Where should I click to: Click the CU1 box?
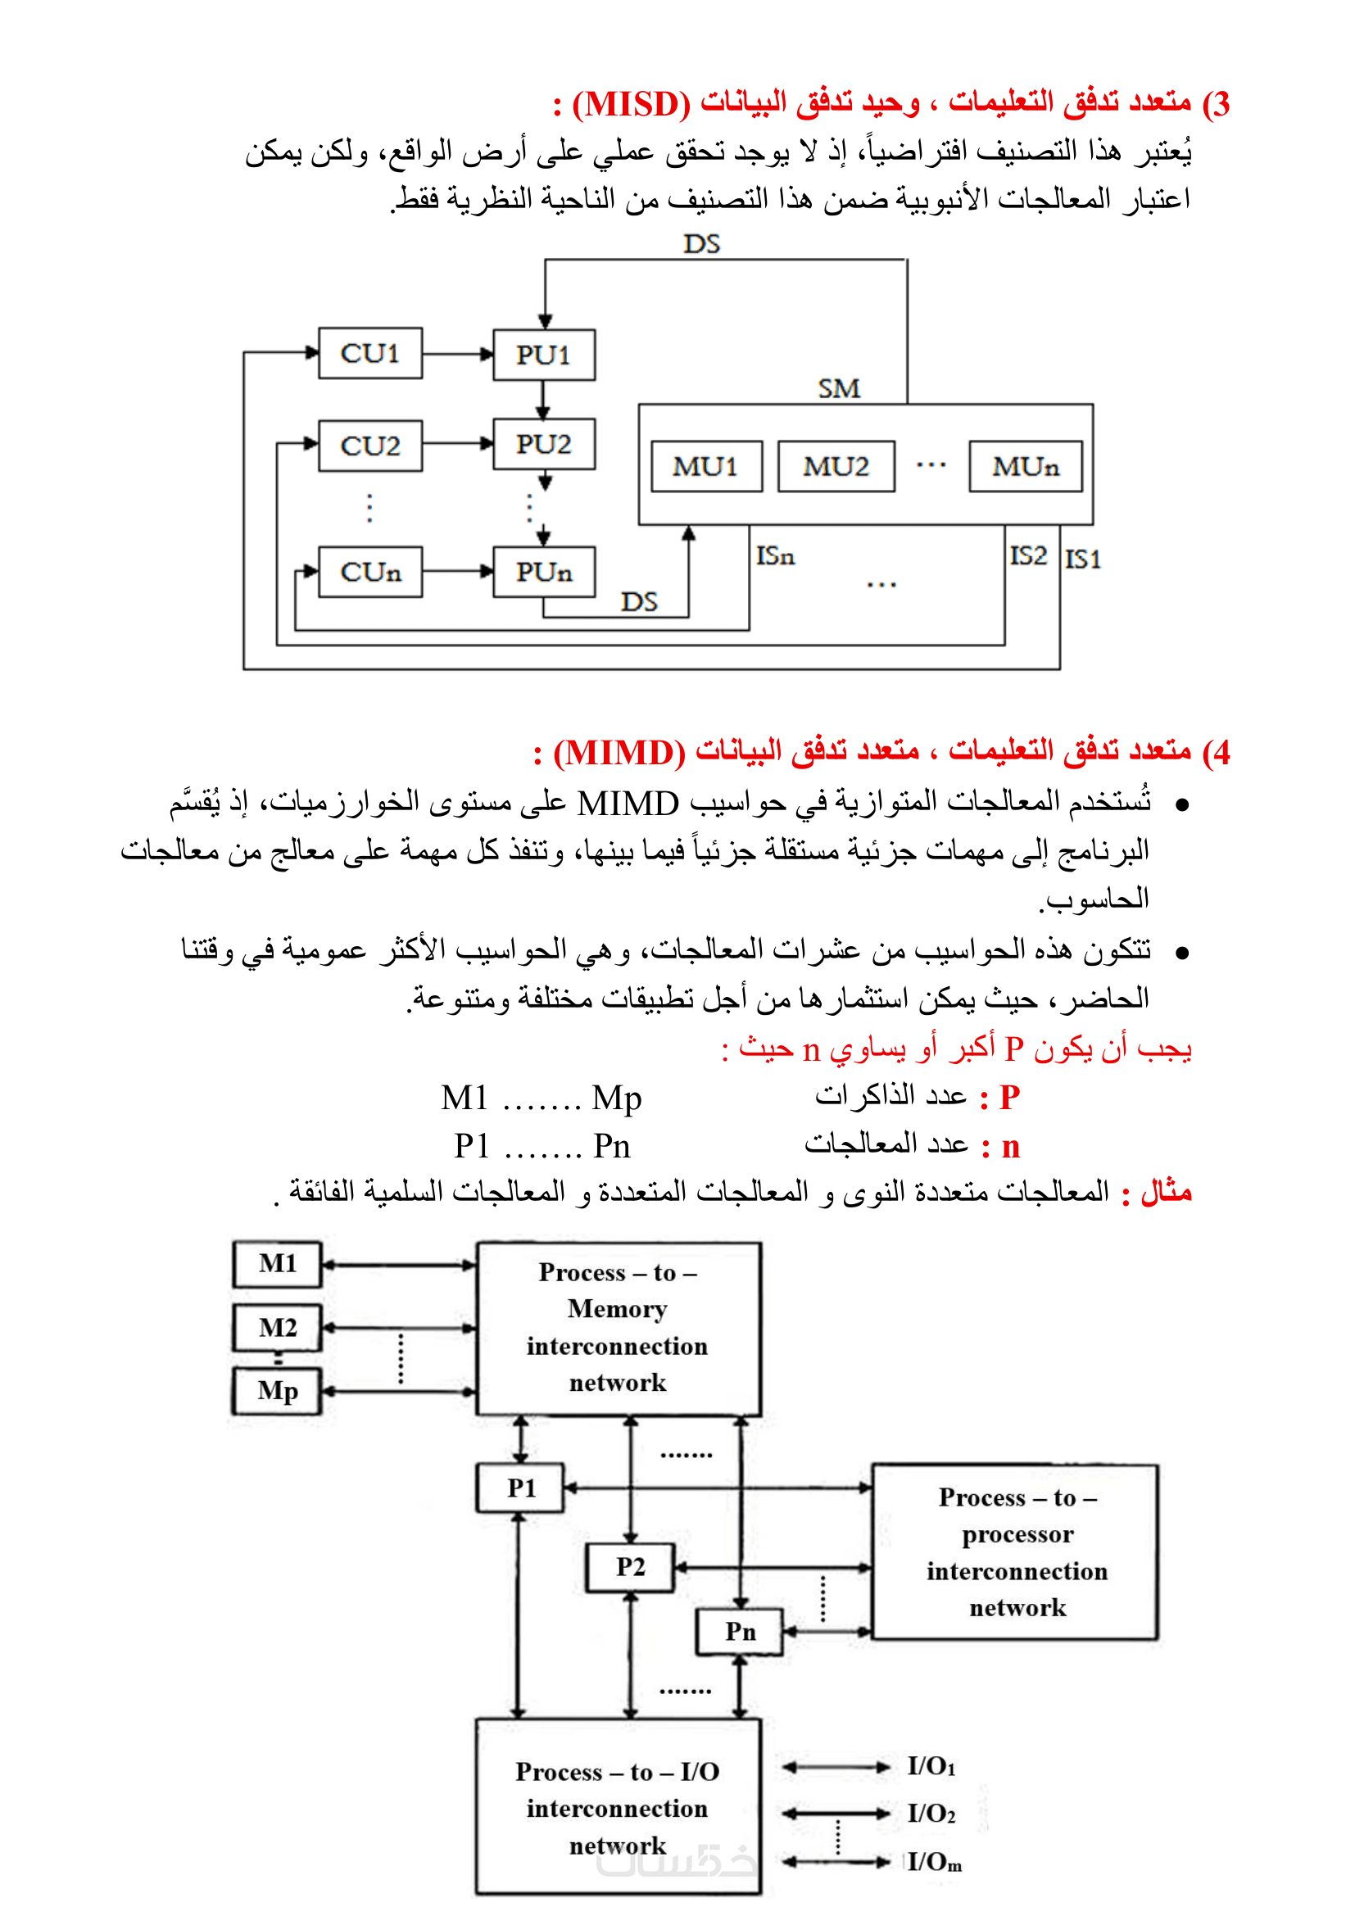(369, 354)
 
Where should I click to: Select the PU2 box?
(543, 444)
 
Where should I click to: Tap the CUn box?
(369, 573)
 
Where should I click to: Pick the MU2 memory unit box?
(836, 466)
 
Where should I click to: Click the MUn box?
(1026, 466)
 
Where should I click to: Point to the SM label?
(839, 389)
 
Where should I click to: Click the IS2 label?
(1027, 555)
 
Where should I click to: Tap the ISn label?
(775, 556)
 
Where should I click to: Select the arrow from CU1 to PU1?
(457, 354)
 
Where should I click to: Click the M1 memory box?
(277, 1264)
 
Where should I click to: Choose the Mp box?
(277, 1391)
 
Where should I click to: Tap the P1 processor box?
(521, 1488)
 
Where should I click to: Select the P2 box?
(630, 1567)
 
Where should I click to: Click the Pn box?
(740, 1632)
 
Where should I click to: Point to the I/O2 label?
(931, 1813)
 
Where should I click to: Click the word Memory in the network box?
(618, 1308)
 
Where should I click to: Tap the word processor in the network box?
(1017, 1533)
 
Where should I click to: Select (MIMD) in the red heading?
(619, 753)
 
